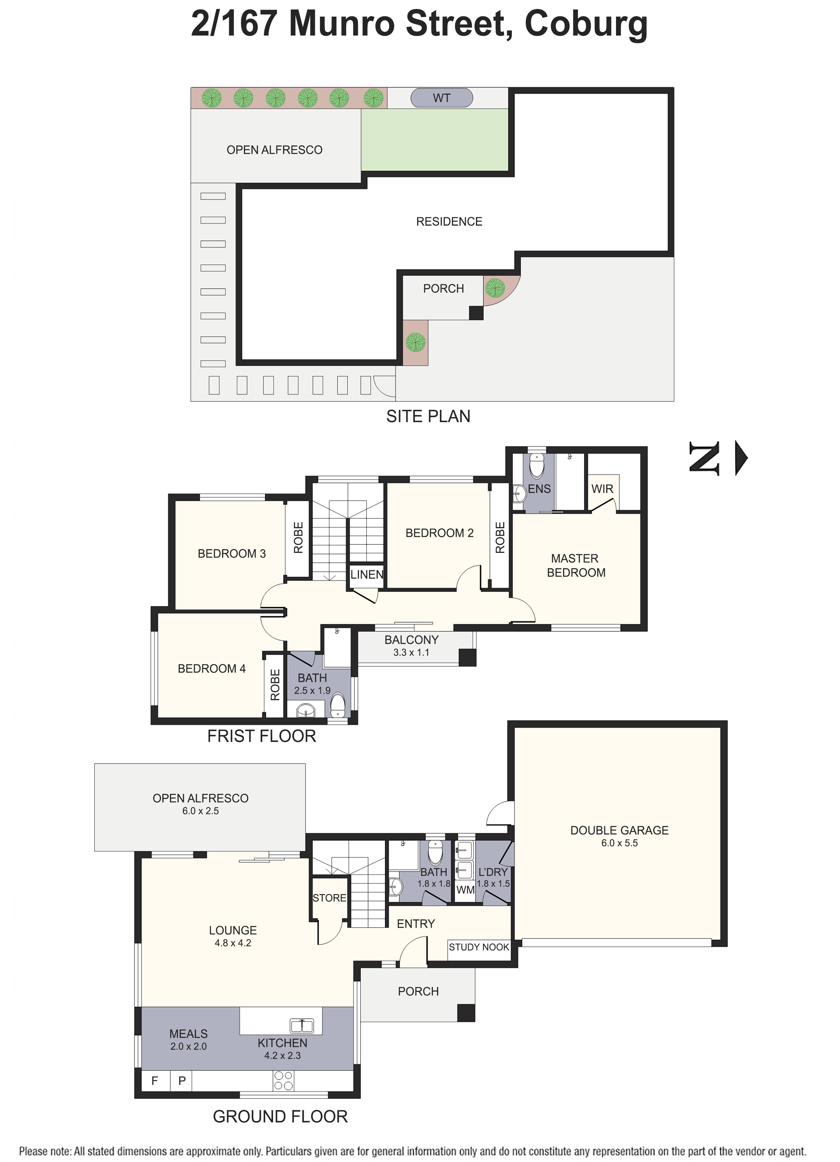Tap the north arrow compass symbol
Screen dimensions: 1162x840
click(718, 458)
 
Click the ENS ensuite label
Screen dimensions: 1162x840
click(539, 489)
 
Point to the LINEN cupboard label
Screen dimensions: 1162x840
click(367, 575)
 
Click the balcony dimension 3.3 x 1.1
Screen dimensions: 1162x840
click(411, 653)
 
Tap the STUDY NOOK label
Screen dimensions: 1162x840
click(479, 947)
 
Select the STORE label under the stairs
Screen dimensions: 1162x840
click(329, 898)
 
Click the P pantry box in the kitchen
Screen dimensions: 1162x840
click(182, 1082)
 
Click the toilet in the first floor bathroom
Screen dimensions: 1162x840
click(338, 705)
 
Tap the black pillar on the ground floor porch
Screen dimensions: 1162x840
click(466, 1013)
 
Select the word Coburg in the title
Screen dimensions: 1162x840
click(586, 24)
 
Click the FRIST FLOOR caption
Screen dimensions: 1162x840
click(261, 736)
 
